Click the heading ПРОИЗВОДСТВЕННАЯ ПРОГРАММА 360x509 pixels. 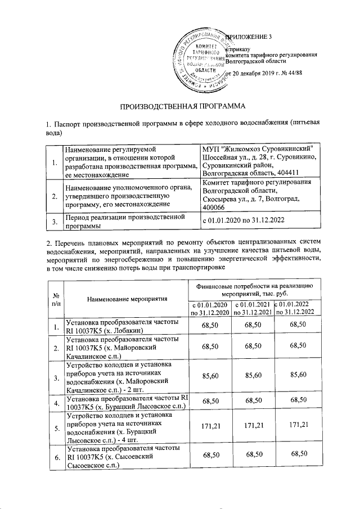tap(181, 105)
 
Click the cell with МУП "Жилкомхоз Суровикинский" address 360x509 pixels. tap(260, 161)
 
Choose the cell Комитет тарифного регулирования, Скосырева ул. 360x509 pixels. tap(260, 195)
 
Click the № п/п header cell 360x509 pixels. tap(56, 300)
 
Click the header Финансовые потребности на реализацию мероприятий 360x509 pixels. tap(253, 290)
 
